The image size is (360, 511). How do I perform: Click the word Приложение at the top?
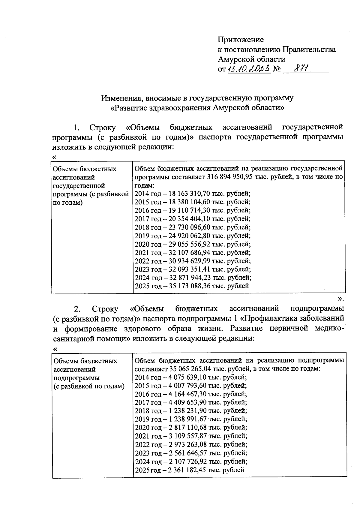coord(241,40)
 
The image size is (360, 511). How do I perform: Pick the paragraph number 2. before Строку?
coord(77,309)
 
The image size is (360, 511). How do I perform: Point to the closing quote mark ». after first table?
coord(341,298)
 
